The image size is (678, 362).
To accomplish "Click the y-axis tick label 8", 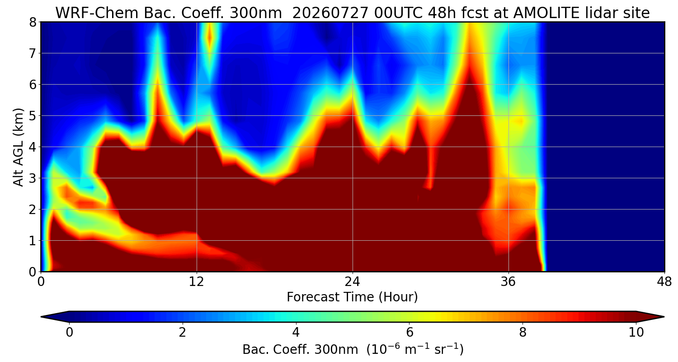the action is [x=33, y=23].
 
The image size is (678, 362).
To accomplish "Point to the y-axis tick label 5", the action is [x=33, y=116].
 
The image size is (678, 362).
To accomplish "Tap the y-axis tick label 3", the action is [x=33, y=178].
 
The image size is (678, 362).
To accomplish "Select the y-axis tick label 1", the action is [x=33, y=241].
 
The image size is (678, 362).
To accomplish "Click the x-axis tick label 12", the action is [x=197, y=282].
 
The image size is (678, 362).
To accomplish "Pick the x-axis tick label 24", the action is [x=353, y=282].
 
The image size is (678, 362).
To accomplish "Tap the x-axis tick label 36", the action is [x=508, y=282].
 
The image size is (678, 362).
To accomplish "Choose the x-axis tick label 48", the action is [x=664, y=282].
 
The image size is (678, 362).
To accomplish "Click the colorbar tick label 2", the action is [x=182, y=332].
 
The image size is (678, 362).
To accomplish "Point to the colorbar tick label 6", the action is [x=410, y=332].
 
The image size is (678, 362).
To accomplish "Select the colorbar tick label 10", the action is [x=636, y=332].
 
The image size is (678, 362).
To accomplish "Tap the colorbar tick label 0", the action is [x=69, y=332].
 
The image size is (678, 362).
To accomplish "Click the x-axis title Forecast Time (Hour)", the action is [x=352, y=297].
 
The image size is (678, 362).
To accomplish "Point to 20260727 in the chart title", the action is [x=330, y=13].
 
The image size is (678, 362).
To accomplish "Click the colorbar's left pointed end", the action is [x=42, y=317].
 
